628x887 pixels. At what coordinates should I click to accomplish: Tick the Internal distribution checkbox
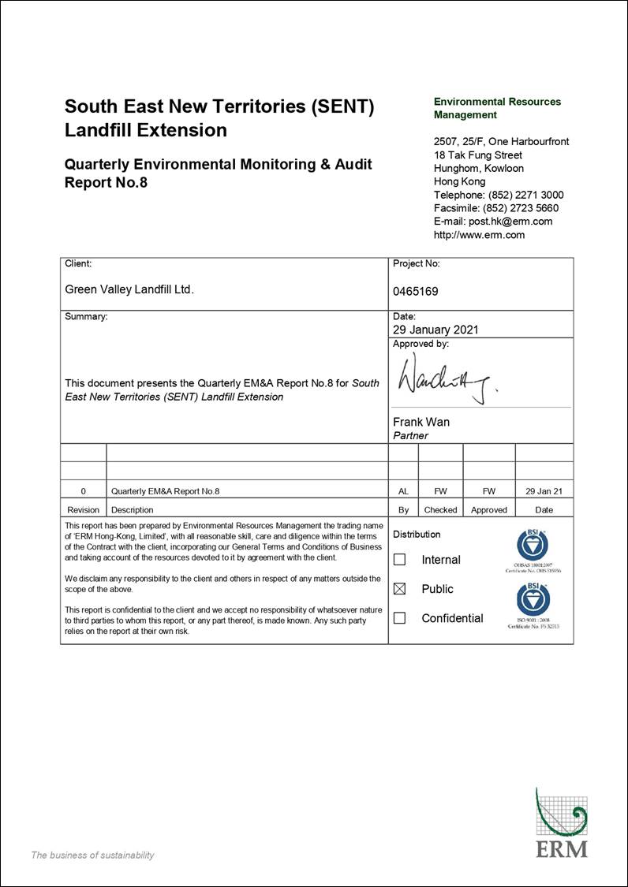pyautogui.click(x=399, y=560)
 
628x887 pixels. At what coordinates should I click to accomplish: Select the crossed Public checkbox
pyautogui.click(x=399, y=589)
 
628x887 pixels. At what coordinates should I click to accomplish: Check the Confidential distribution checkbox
pyautogui.click(x=399, y=618)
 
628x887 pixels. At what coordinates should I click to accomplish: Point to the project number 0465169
pyautogui.click(x=415, y=291)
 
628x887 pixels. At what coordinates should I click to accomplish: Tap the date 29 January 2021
pyautogui.click(x=435, y=330)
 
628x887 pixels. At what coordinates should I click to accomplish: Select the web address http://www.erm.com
pyautogui.click(x=479, y=235)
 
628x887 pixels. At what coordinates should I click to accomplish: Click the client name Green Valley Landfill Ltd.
pyautogui.click(x=129, y=289)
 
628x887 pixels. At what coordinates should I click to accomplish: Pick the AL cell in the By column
pyautogui.click(x=403, y=491)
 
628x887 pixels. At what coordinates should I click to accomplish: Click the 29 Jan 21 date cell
pyautogui.click(x=544, y=491)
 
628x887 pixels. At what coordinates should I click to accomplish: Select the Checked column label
pyautogui.click(x=440, y=510)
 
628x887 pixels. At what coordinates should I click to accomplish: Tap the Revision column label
pyautogui.click(x=84, y=510)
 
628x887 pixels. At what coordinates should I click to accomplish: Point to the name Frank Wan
pyautogui.click(x=421, y=422)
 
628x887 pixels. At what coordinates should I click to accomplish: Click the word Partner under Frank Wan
pyautogui.click(x=410, y=435)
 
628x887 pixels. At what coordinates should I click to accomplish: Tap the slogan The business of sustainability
pyautogui.click(x=92, y=855)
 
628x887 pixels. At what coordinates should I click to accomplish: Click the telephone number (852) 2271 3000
pyautogui.click(x=526, y=195)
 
